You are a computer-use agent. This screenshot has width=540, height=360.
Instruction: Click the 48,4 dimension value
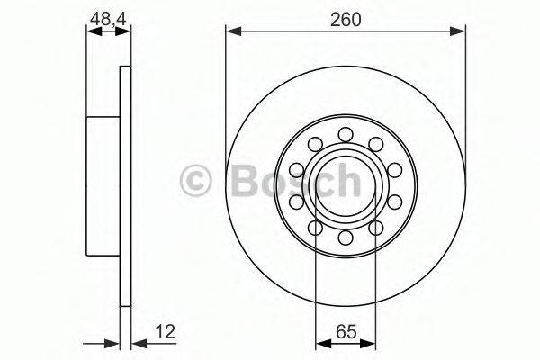click(x=106, y=15)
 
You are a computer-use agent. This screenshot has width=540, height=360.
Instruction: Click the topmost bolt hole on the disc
click(x=346, y=134)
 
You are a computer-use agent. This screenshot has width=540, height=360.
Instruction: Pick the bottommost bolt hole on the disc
click(x=346, y=238)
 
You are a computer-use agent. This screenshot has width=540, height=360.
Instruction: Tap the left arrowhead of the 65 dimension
click(x=320, y=342)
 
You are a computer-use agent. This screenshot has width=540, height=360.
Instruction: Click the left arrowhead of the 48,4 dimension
click(x=91, y=31)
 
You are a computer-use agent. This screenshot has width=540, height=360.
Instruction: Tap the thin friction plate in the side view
click(x=125, y=186)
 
